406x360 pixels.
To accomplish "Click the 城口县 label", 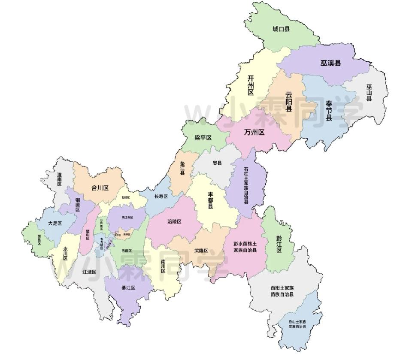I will pyautogui.click(x=281, y=29).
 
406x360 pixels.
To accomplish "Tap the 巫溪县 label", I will pyautogui.click(x=330, y=63).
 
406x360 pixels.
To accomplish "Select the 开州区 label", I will pyautogui.click(x=251, y=85).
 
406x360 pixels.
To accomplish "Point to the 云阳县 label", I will pyautogui.click(x=289, y=102).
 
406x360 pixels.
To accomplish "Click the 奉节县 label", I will pyautogui.click(x=329, y=111).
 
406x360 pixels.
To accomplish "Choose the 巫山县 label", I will pyautogui.click(x=369, y=92).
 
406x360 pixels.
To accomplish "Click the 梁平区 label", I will pyautogui.click(x=203, y=138).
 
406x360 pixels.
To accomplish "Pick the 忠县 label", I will pyautogui.click(x=217, y=163).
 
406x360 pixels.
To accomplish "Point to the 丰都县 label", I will pyautogui.click(x=211, y=199).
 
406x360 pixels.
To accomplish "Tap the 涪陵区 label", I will pyautogui.click(x=174, y=221).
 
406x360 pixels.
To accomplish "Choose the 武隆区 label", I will pyautogui.click(x=201, y=251).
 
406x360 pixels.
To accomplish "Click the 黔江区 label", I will pyautogui.click(x=279, y=244).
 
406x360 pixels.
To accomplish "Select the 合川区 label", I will pyautogui.click(x=100, y=188).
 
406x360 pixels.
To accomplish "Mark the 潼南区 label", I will pyautogui.click(x=60, y=179).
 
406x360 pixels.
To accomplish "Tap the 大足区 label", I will pyautogui.click(x=55, y=224).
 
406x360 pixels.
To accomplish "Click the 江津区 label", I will pyautogui.click(x=89, y=272).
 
